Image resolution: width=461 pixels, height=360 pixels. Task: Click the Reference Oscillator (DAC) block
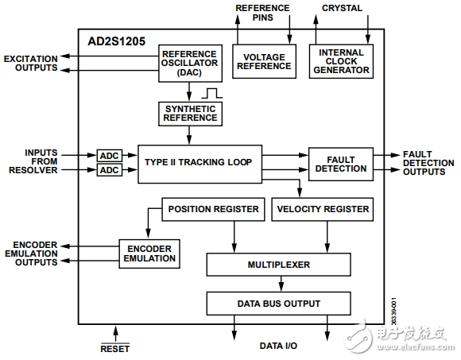pos(190,64)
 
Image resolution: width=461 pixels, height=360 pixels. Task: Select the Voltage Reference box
pos(264,61)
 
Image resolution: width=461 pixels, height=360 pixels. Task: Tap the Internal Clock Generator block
pos(341,61)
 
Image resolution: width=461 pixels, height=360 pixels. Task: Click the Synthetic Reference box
pos(190,114)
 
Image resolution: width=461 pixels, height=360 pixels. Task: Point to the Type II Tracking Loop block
pos(200,164)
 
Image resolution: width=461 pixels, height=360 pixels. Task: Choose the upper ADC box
pos(110,156)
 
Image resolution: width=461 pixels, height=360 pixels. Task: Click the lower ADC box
pos(110,170)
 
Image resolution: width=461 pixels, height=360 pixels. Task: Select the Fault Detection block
pos(341,164)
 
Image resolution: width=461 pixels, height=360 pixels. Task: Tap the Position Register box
pos(213,209)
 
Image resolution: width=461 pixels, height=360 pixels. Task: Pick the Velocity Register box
pos(323,209)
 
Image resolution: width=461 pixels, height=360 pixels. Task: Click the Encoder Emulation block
pos(149,254)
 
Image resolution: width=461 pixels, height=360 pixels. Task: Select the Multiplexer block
pos(278,265)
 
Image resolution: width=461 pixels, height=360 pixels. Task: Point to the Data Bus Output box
pos(278,304)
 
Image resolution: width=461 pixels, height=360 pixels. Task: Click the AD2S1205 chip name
pos(116,41)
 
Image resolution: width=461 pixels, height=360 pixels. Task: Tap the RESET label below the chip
pos(115,349)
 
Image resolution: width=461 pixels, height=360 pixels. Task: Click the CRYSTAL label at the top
pos(342,8)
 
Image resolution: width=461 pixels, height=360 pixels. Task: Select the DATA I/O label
pos(278,346)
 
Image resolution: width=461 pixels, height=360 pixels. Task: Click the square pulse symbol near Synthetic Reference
pos(212,93)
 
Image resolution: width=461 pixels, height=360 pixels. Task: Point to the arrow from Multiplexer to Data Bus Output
pos(281,284)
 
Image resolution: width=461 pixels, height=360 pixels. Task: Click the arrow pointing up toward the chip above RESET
pos(115,334)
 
